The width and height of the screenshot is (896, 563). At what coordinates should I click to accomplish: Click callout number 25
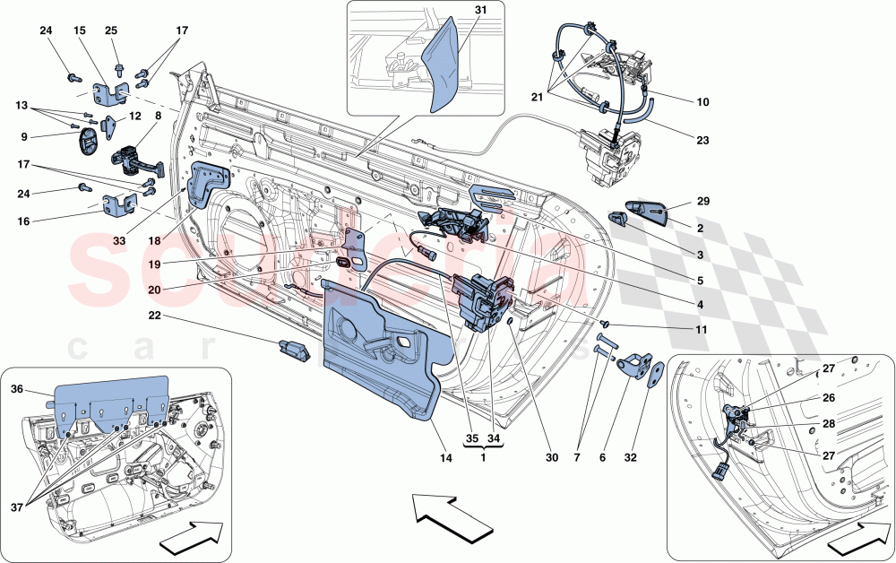(x=111, y=30)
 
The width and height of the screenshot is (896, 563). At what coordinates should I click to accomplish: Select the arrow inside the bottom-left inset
(x=191, y=541)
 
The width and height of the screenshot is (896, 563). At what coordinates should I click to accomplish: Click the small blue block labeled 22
(x=296, y=350)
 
